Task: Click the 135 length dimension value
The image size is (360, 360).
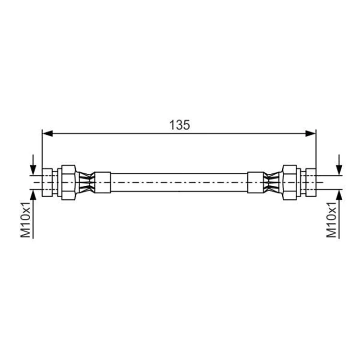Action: click(x=180, y=125)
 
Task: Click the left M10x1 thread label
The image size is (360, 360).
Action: click(x=26, y=220)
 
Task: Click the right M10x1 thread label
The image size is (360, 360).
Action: click(x=331, y=220)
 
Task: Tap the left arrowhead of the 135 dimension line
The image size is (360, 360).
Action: click(x=48, y=133)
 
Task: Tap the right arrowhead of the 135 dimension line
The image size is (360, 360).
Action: click(x=311, y=133)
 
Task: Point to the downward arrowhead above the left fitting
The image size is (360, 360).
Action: click(x=33, y=170)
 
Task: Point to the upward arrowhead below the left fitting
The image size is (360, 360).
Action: click(x=33, y=195)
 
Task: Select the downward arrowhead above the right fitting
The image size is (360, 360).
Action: click(x=339, y=170)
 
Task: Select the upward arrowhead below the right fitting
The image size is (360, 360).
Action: click(x=339, y=195)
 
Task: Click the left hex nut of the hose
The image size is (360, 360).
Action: click(x=69, y=182)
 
